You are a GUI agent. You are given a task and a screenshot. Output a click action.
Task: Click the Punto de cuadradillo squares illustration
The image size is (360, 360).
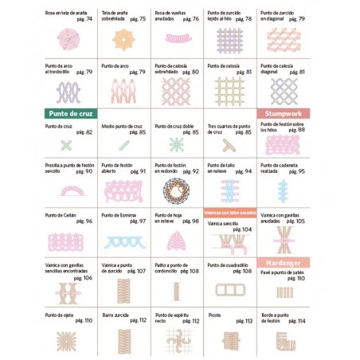[230, 288]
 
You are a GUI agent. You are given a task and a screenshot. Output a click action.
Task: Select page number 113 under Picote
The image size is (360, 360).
[245, 320]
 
